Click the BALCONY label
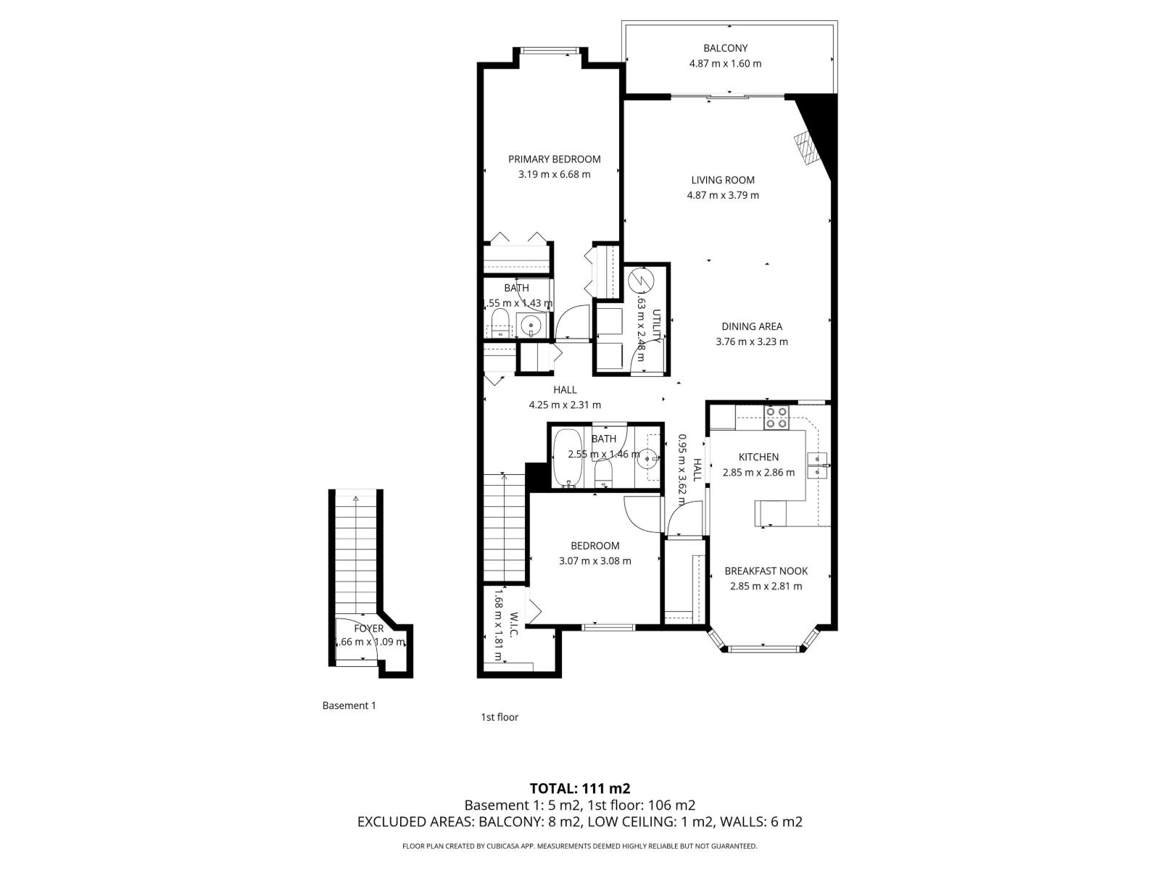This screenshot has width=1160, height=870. pos(725,49)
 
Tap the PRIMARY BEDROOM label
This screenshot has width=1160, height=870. pos(554,159)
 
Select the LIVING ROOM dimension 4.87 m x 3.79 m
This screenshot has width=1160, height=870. pos(723,195)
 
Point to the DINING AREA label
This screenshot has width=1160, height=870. pos(751,326)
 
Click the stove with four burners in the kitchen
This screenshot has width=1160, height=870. pos(776,418)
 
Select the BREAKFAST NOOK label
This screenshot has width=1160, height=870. pos(766,571)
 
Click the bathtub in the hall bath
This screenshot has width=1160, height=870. pos(566,458)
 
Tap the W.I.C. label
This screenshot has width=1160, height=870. pos(513,625)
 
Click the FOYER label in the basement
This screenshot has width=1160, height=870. pos(368,629)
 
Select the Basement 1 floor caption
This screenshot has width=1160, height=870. pos(349,705)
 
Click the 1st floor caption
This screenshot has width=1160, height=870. pos(500,717)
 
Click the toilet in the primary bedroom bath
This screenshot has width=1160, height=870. pos(500,322)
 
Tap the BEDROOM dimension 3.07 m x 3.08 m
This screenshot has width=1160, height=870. pos(594,561)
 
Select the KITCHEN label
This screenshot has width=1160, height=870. pos(758,457)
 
